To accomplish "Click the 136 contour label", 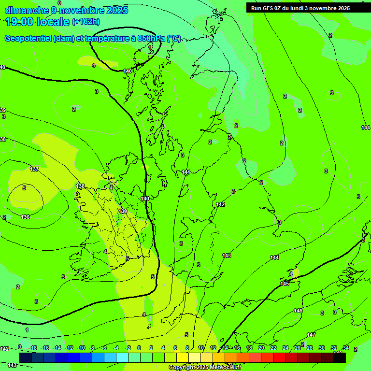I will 25,217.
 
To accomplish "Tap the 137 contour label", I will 34,169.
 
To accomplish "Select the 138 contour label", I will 80,186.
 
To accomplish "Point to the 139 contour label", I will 123,211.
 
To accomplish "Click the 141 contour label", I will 186,172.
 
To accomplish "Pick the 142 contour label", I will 220,204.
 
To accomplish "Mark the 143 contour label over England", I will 227,256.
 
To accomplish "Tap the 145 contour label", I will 285,284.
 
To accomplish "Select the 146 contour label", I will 298,311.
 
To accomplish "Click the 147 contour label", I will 311,335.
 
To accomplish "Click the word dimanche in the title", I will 27,10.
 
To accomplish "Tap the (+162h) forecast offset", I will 86,21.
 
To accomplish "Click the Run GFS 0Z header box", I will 300,8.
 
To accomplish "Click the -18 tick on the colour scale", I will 33,348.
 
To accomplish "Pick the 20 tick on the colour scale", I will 261,348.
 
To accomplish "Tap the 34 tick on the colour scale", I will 346,348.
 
